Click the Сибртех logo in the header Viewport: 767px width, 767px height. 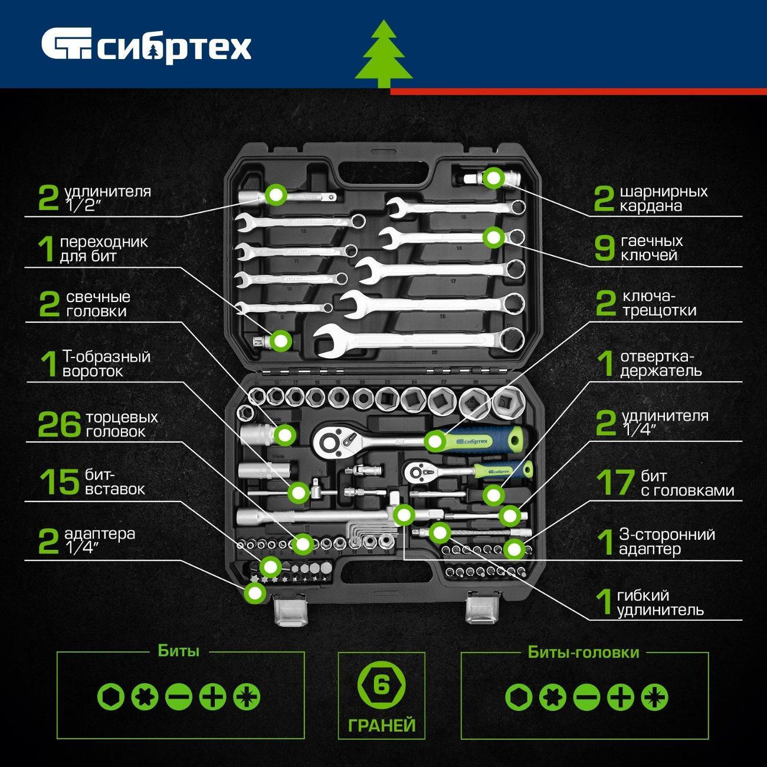[146, 48]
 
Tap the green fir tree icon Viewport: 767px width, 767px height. [383, 54]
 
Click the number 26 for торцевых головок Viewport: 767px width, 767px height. [60, 425]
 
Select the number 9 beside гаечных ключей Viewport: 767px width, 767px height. [605, 248]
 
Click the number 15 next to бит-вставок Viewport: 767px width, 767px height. [60, 482]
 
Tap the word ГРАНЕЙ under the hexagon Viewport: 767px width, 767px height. [382, 725]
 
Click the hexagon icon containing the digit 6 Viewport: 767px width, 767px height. [382, 686]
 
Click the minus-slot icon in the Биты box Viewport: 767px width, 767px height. [179, 697]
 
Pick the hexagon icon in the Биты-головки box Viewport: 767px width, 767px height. [519, 697]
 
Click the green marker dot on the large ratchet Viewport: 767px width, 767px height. [435, 441]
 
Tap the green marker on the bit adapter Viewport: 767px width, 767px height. [281, 340]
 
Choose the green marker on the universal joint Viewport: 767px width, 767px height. [494, 178]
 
